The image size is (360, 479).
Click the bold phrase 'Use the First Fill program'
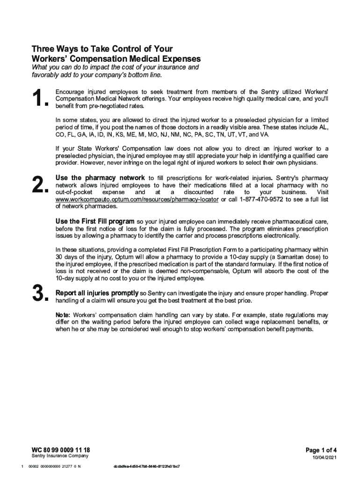pyautogui.click(x=95, y=221)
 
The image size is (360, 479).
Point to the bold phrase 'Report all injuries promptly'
pyautogui.click(x=97, y=293)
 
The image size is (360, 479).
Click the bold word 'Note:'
pyautogui.click(x=63, y=315)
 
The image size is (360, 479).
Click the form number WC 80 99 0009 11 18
pyautogui.click(x=60, y=450)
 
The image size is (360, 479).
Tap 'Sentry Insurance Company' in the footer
pyautogui.click(x=60, y=456)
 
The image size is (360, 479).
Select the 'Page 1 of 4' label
pyautogui.click(x=321, y=450)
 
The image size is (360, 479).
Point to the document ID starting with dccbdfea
pyautogui.click(x=147, y=467)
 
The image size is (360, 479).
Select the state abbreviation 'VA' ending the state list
pyautogui.click(x=264, y=134)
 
